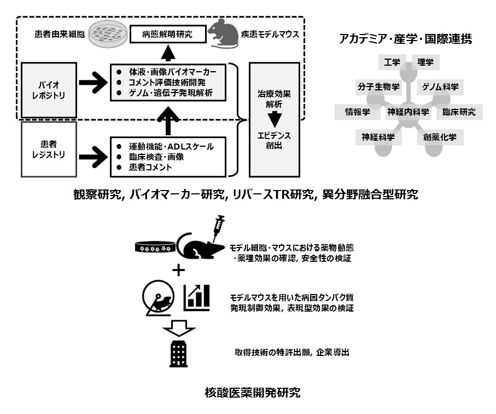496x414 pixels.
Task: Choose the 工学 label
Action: click(392, 62)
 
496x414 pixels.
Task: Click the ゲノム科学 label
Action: click(440, 87)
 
